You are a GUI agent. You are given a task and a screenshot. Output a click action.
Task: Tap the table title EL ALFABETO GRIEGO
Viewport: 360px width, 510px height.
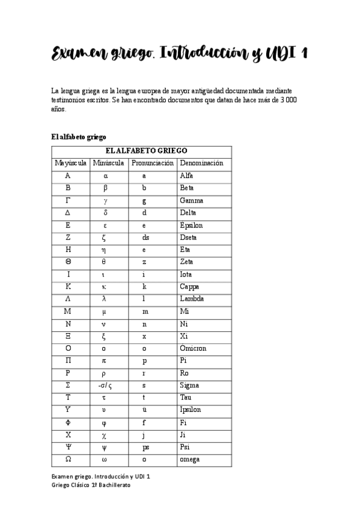click(146, 150)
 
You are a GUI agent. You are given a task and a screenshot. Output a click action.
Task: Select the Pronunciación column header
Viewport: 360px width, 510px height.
click(152, 163)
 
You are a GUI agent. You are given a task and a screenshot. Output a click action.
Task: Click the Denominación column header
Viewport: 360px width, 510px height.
click(201, 163)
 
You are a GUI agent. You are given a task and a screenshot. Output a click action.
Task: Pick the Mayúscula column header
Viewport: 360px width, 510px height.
click(71, 163)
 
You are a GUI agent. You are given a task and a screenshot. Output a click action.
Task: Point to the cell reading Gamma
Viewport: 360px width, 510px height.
click(191, 200)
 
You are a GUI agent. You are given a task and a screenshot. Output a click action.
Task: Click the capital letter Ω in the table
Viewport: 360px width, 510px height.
click(68, 459)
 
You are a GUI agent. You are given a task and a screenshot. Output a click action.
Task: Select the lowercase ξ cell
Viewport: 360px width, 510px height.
click(105, 336)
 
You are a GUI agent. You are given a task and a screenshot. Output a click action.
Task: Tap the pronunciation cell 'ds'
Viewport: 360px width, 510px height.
click(145, 238)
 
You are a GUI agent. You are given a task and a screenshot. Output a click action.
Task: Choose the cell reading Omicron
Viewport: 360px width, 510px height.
click(192, 348)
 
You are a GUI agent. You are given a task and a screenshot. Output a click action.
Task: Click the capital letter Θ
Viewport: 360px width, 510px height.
click(68, 262)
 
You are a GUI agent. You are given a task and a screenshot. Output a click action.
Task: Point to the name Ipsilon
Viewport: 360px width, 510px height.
click(190, 410)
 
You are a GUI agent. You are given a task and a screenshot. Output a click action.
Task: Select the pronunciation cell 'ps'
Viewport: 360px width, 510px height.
click(145, 447)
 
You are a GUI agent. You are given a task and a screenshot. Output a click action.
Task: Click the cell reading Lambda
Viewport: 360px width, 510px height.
click(192, 299)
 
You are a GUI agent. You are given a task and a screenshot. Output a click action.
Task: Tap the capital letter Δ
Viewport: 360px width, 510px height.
click(68, 213)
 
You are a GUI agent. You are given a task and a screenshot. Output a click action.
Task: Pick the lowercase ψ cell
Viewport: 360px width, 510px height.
click(105, 447)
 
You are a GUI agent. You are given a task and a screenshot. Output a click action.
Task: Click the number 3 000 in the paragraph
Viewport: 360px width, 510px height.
click(288, 99)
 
